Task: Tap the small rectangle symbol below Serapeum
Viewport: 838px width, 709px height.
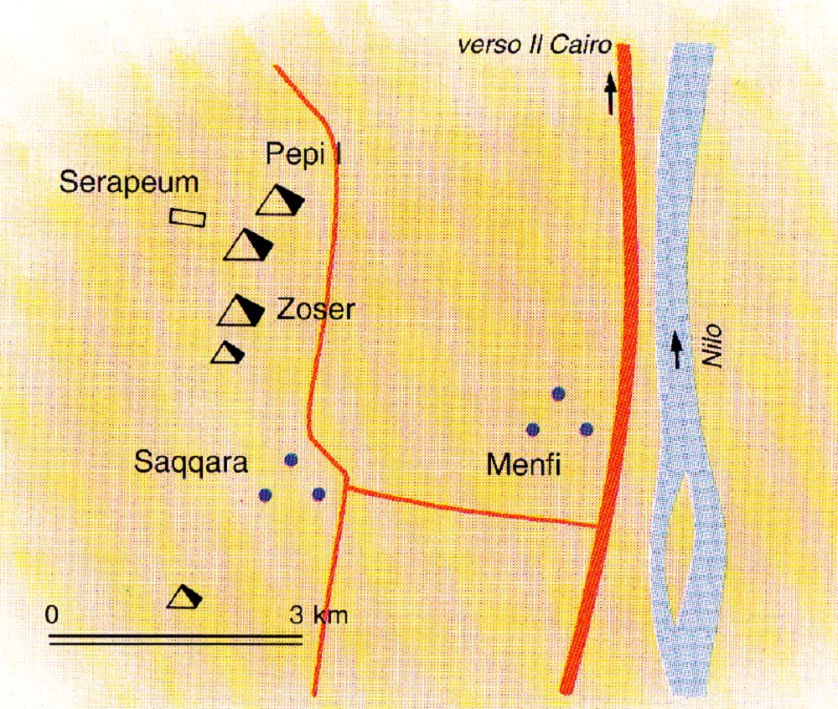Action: [188, 217]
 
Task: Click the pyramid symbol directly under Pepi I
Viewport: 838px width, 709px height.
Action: [279, 201]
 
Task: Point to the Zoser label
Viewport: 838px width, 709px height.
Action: [315, 311]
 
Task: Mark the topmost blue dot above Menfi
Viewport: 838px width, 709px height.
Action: [559, 393]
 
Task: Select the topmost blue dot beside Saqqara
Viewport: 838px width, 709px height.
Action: [291, 459]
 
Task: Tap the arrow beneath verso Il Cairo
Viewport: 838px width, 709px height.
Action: [611, 93]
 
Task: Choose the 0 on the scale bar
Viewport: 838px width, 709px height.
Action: [51, 615]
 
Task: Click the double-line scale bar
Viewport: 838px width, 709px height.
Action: [175, 640]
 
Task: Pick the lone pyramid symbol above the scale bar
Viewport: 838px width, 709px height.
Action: [185, 597]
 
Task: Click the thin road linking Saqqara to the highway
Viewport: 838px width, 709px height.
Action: [473, 505]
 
